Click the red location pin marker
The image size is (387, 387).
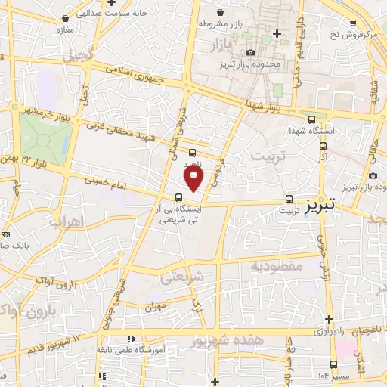point(194,178)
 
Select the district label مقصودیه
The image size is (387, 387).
point(276,266)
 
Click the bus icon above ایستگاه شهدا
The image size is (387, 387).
point(311,118)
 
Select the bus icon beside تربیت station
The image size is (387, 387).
point(289,200)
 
